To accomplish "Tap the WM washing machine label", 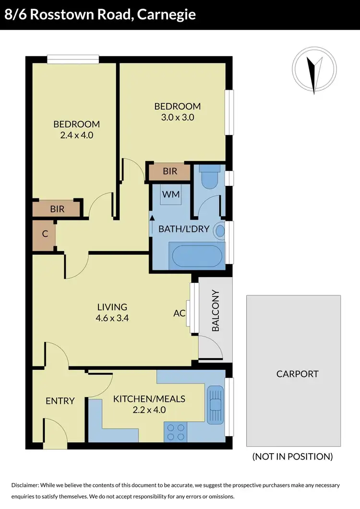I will (171, 194).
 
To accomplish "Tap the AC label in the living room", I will (180, 313).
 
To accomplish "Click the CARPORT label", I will (298, 374).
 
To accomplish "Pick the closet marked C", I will (45, 235).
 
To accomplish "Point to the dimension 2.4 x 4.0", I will (76, 135).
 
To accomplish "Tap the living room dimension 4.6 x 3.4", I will (112, 317).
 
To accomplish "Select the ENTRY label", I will (60, 401).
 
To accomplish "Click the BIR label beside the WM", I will (170, 171).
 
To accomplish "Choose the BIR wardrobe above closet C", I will (58, 209).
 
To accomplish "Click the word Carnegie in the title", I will (166, 14).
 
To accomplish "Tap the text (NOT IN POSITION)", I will (292, 457).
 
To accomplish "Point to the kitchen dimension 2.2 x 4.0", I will (149, 410).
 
